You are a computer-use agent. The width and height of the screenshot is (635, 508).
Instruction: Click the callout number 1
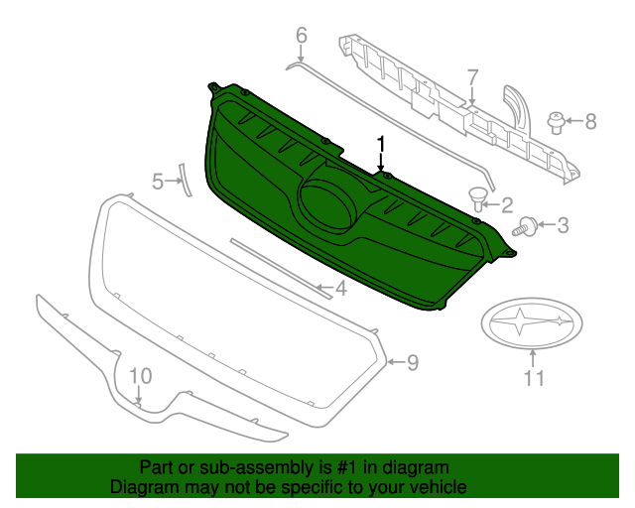tap(380, 145)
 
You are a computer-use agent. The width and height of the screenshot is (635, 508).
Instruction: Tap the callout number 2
tap(506, 205)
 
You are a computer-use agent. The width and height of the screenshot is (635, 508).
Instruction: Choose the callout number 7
tap(472, 76)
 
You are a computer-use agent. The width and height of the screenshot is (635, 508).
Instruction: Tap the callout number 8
tap(590, 122)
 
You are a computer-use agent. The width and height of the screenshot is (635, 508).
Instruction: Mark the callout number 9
tap(412, 362)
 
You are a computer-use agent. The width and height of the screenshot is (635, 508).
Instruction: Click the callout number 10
tap(140, 376)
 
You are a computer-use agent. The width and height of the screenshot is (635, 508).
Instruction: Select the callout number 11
tap(534, 378)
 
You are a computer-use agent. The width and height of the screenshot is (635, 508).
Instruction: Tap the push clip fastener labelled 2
tap(479, 198)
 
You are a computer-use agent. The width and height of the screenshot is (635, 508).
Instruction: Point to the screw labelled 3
tap(524, 227)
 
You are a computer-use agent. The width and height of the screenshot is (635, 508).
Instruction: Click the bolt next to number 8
tap(556, 123)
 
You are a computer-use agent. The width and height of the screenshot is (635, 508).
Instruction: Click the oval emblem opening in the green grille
tap(328, 198)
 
